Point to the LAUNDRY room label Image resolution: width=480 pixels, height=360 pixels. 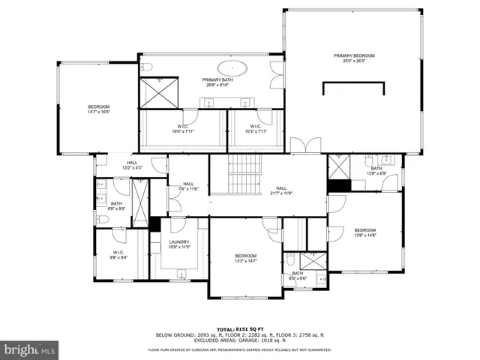point(178,242)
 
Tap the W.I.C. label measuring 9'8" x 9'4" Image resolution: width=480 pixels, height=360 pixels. point(118,254)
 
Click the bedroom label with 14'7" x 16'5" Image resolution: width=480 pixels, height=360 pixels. point(98,109)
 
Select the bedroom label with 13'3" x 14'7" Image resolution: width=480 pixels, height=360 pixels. point(245,258)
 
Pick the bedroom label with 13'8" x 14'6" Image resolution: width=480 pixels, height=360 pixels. point(364,232)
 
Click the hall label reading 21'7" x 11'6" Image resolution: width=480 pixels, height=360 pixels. point(280,191)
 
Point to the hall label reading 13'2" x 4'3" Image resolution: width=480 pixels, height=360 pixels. point(132,166)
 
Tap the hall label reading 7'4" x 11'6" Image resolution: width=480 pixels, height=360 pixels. point(188,187)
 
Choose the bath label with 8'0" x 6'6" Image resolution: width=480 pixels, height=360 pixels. point(298,275)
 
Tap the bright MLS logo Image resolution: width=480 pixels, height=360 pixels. point(30,349)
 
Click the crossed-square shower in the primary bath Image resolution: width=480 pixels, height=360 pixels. point(159,92)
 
